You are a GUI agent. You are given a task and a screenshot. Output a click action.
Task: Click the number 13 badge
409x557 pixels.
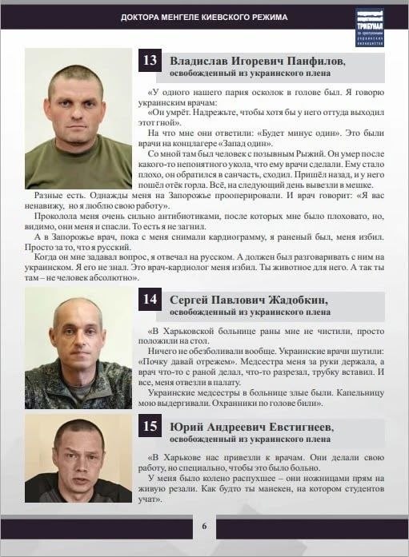150,61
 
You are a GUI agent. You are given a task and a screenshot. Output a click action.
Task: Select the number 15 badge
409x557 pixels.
150,427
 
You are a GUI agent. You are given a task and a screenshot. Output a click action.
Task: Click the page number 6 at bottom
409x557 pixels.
204,526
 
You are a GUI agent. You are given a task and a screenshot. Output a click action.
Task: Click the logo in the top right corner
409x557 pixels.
370,27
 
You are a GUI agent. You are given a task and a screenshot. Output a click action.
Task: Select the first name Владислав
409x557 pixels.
200,61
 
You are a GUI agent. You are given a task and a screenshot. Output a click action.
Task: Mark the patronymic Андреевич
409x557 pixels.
233,427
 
